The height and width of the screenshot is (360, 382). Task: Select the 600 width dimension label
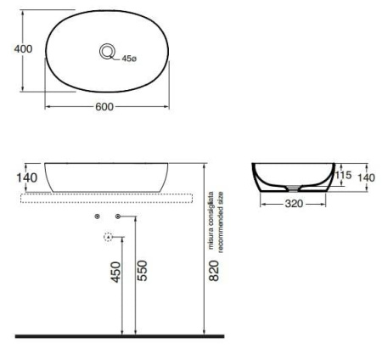pos(106,107)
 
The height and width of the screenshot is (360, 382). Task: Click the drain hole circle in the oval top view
pos(107,53)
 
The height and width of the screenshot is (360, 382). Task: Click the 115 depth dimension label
pos(343,175)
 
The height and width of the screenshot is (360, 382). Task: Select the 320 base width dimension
pos(293,204)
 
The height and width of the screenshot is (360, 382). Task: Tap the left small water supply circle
pos(98,218)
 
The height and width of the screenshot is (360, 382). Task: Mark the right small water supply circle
pos(118,218)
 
